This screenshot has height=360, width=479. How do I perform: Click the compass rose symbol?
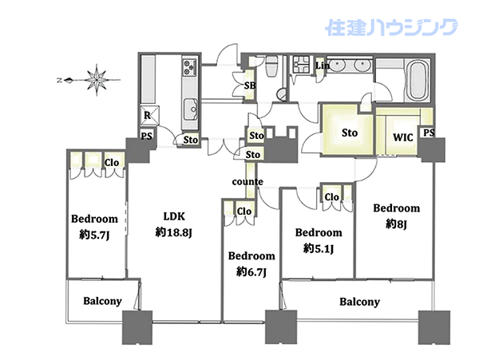(97, 79)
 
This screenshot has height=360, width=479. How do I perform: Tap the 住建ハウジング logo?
(391, 29)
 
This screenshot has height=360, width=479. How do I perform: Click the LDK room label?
(175, 216)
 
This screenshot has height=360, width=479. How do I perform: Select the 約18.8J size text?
(175, 233)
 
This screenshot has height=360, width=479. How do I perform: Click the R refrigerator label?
(148, 116)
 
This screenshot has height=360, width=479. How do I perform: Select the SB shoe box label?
(249, 85)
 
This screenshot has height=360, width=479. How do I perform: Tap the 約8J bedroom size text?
(397, 224)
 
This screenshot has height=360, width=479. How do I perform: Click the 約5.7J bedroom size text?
(94, 236)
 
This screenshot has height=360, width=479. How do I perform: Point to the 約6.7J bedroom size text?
(251, 272)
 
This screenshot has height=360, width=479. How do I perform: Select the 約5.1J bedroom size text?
(319, 249)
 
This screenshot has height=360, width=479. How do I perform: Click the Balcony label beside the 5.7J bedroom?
(102, 301)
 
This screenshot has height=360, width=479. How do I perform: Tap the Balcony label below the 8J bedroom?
(359, 302)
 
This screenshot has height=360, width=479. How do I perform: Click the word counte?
(248, 182)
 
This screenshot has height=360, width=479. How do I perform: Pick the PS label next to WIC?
(429, 133)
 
